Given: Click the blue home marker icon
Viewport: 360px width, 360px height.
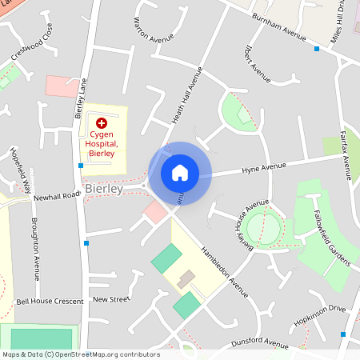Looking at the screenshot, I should click(x=179, y=172).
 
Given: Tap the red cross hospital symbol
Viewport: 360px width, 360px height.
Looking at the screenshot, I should click(x=102, y=123).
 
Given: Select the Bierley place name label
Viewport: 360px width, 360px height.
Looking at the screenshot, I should click(x=104, y=190).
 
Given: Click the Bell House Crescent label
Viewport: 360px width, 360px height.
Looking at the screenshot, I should click(x=50, y=302).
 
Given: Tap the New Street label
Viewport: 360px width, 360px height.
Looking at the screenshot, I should click(x=111, y=299).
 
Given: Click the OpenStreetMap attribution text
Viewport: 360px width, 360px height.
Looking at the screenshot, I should click(x=80, y=354).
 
